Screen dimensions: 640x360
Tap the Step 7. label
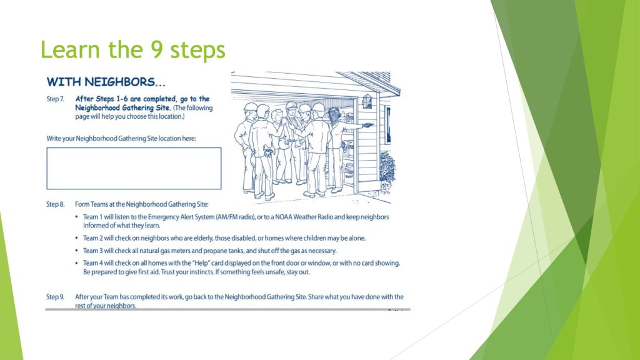[55, 99]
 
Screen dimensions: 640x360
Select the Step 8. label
[56, 204]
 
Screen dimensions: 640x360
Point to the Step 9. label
[56, 297]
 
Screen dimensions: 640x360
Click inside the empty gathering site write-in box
[134, 169]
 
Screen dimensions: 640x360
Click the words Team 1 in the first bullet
[92, 217]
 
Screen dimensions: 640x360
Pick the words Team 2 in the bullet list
[92, 238]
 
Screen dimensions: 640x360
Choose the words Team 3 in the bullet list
[92, 251]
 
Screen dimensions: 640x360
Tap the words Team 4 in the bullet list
[92, 263]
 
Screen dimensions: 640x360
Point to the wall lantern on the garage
[367, 101]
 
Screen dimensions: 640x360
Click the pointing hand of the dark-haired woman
[368, 125]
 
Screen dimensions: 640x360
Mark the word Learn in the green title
[70, 49]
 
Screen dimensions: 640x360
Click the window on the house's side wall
[387, 124]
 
